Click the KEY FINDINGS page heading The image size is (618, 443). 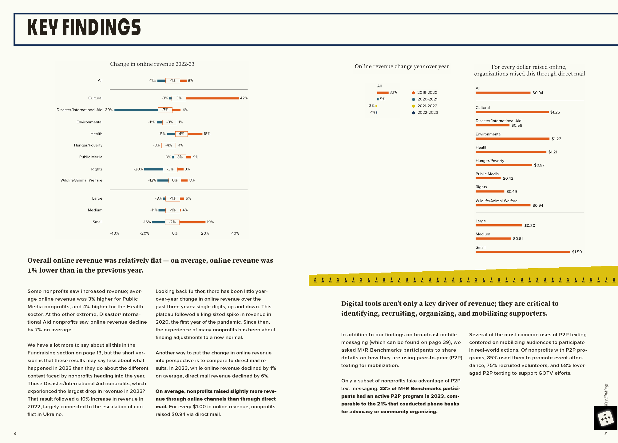(84, 27)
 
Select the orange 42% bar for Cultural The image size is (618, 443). (212, 98)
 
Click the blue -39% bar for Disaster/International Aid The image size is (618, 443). (136, 110)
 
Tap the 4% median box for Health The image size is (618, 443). (181, 134)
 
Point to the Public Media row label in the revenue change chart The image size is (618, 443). (91, 157)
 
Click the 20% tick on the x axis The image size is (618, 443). (205, 233)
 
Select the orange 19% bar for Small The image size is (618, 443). (192, 222)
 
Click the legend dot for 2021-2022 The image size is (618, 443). (414, 106)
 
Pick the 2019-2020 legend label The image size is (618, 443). (427, 93)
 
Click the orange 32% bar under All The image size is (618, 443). (383, 93)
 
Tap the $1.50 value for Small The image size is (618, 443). (577, 252)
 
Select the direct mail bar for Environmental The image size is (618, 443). (512, 139)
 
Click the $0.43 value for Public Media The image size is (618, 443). (508, 178)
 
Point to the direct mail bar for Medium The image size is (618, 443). (493, 239)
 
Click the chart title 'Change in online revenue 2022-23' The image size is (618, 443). (152, 64)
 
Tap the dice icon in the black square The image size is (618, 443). (605, 418)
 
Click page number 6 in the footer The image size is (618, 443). (15, 433)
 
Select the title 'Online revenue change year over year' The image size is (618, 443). (402, 66)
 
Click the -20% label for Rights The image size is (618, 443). (138, 169)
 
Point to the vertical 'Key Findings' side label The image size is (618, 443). (606, 394)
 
